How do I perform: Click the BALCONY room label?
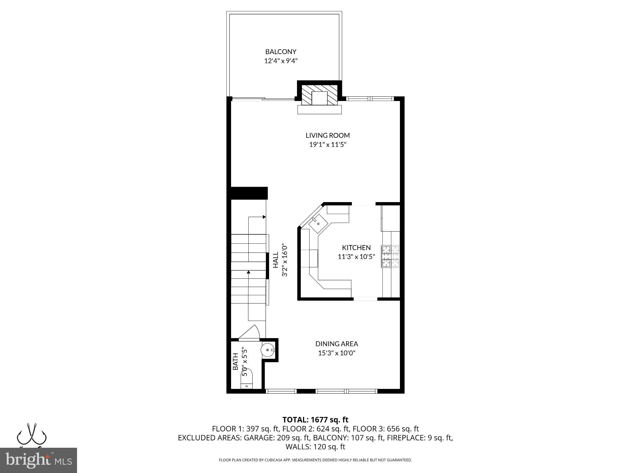281,52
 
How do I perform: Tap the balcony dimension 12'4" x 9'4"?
281,61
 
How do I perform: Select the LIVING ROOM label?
328,135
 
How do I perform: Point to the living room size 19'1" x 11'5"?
328,144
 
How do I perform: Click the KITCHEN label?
356,248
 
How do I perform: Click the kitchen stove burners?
390,256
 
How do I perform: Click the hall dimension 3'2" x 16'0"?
285,260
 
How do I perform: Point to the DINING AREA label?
336,344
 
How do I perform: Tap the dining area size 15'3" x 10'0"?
337,353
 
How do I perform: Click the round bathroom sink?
267,350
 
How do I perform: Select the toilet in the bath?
247,379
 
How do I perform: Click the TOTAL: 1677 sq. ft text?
315,420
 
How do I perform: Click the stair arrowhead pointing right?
264,217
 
